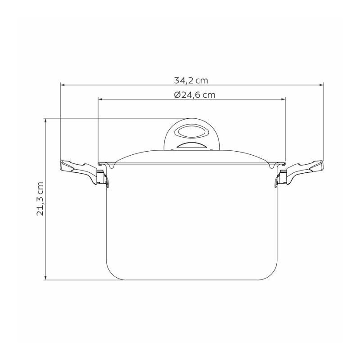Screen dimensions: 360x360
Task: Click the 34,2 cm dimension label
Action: [191, 81]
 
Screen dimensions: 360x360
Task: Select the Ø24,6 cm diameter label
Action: [194, 94]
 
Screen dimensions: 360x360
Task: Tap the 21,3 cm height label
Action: [40, 199]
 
